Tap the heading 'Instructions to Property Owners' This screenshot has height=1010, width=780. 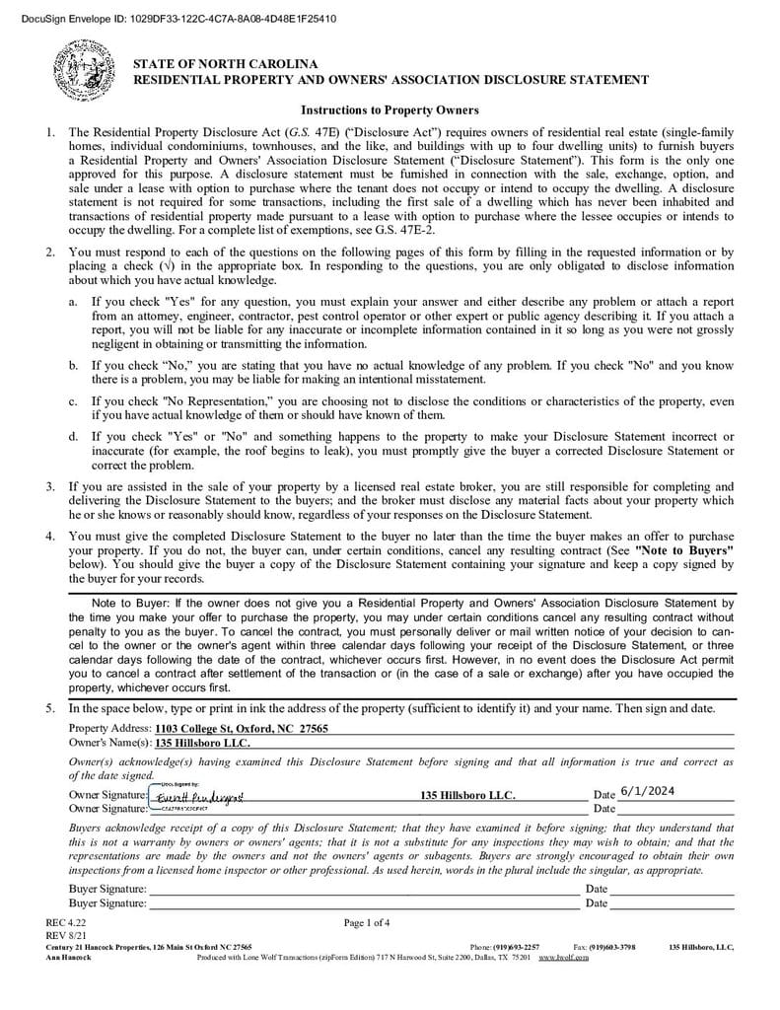tap(390, 109)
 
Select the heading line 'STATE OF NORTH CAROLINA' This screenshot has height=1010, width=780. tap(226, 64)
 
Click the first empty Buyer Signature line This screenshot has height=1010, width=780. tap(365, 889)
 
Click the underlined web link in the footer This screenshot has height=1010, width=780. tap(563, 957)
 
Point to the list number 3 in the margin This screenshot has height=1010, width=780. tap(50, 486)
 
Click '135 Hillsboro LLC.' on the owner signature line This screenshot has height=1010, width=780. tap(467, 795)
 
